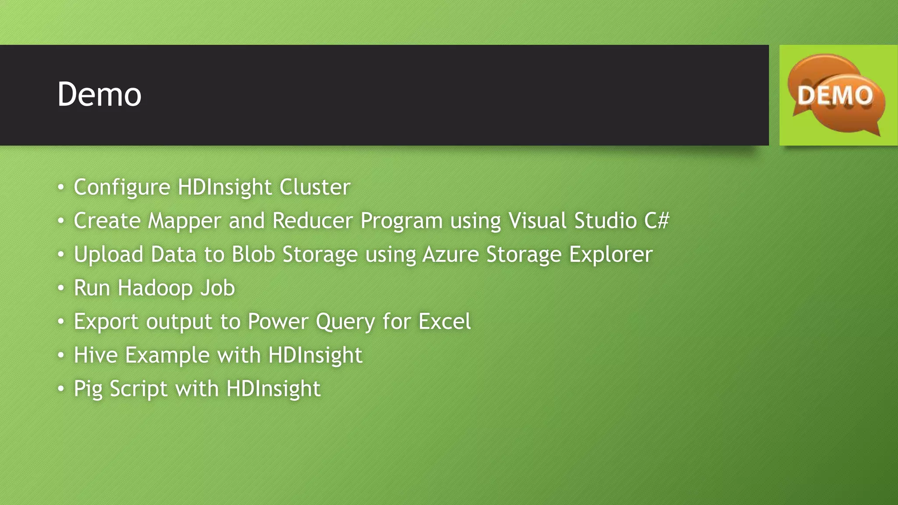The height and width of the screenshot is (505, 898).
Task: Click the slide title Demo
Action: pyautogui.click(x=100, y=95)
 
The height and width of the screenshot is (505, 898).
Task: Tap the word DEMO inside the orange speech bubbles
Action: pyautogui.click(x=834, y=96)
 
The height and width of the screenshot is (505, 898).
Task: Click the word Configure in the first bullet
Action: pyautogui.click(x=122, y=188)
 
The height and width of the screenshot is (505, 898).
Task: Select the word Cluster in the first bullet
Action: pyautogui.click(x=315, y=187)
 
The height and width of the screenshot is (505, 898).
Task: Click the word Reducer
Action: pyautogui.click(x=312, y=220)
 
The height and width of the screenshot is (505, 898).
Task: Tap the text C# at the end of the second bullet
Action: pyautogui.click(x=656, y=220)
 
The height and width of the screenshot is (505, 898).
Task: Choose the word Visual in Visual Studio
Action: pyautogui.click(x=538, y=220)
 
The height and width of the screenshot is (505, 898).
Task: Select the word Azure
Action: pyautogui.click(x=450, y=254)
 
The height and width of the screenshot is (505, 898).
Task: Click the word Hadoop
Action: pyautogui.click(x=155, y=288)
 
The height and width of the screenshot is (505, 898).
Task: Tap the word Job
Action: pyautogui.click(x=217, y=288)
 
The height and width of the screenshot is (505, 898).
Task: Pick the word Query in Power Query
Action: pyautogui.click(x=345, y=322)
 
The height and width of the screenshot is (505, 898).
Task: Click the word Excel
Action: pyautogui.click(x=445, y=321)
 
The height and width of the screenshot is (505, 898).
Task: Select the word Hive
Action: pyautogui.click(x=96, y=355)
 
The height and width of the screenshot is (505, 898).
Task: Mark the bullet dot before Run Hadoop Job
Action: pyautogui.click(x=61, y=288)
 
